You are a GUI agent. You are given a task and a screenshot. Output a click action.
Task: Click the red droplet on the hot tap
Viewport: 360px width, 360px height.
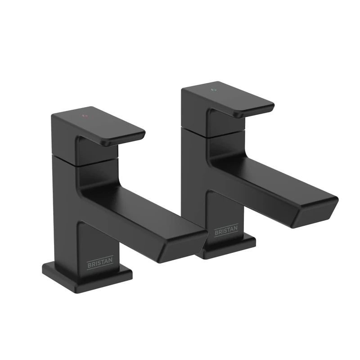85,116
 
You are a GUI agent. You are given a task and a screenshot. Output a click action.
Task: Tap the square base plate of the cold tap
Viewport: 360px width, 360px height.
229,245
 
